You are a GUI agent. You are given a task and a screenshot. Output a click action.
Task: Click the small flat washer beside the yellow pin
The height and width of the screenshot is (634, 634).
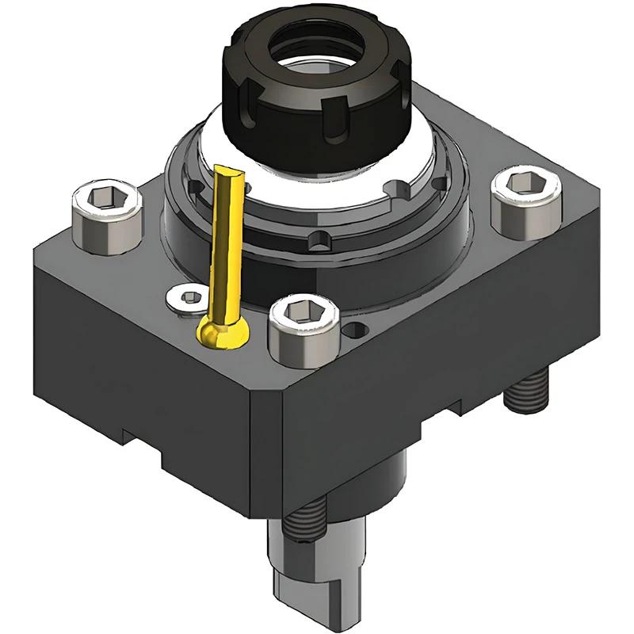click(x=188, y=298)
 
